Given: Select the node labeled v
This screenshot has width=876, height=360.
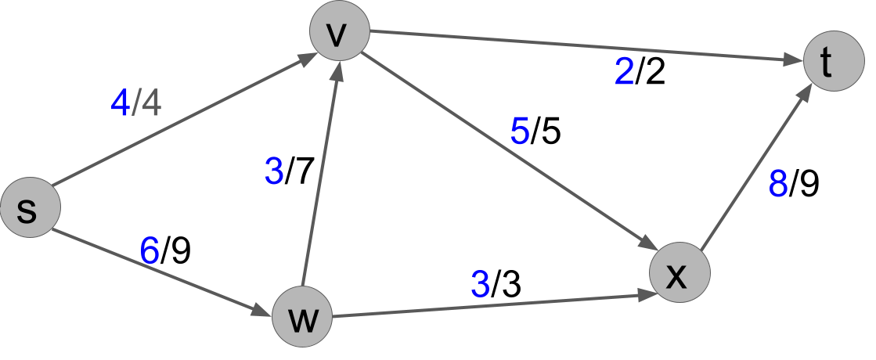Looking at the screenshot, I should pyautogui.click(x=339, y=31).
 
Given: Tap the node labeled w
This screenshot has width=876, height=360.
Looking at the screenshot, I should pyautogui.click(x=302, y=318).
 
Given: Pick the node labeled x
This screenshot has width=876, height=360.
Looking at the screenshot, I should pyautogui.click(x=680, y=272).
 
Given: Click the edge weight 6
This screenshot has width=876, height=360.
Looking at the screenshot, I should pyautogui.click(x=150, y=251).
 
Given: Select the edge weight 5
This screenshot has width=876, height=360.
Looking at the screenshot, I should pyautogui.click(x=520, y=131).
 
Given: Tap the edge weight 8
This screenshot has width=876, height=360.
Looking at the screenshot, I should pyautogui.click(x=778, y=184).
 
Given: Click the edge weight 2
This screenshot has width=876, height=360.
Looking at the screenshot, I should pyautogui.click(x=624, y=73).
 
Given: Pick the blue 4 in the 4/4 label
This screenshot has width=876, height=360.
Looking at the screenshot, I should pyautogui.click(x=120, y=103).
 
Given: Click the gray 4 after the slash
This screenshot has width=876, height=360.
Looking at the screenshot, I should pyautogui.click(x=151, y=103).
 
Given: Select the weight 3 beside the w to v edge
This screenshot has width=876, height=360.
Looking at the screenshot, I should pyautogui.click(x=274, y=171).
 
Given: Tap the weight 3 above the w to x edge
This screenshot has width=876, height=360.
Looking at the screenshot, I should pyautogui.click(x=481, y=285).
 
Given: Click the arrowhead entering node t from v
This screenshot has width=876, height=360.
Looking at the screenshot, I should pyautogui.click(x=795, y=59).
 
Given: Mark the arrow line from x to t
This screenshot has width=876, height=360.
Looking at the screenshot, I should pyautogui.click(x=753, y=169).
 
